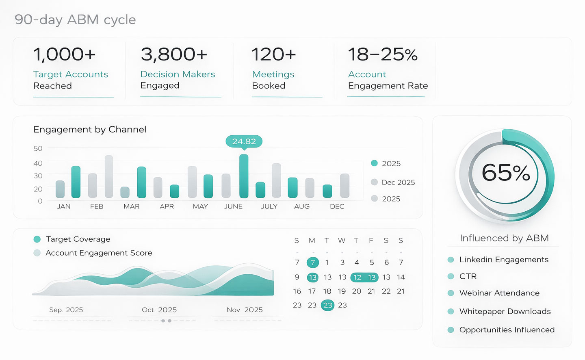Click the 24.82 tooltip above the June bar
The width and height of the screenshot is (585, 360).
[244, 141]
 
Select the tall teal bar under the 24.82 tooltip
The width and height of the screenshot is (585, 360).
[244, 176]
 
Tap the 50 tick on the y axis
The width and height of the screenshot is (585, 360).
[38, 148]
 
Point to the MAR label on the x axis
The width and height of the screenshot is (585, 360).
[131, 206]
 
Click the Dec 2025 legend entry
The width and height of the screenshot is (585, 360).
[393, 182]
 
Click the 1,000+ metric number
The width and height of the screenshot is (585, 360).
[64, 54]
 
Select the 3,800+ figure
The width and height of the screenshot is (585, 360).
[174, 54]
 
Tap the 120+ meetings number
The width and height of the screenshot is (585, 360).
[273, 54]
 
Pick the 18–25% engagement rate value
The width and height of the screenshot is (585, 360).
[383, 54]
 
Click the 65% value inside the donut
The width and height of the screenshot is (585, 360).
[506, 173]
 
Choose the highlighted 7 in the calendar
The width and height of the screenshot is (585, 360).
[313, 262]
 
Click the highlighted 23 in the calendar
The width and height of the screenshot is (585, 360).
[327, 305]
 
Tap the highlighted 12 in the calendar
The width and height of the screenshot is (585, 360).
[357, 277]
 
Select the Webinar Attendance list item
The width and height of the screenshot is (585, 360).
[499, 293]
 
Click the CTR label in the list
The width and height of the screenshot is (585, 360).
[468, 276]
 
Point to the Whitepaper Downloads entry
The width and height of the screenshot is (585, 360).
[505, 311]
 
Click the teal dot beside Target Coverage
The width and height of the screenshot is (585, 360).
[37, 239]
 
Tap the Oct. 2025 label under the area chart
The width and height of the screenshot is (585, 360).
[159, 310]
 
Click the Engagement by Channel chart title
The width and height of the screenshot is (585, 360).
[89, 130]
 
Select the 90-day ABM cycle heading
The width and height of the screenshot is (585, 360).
[75, 20]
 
